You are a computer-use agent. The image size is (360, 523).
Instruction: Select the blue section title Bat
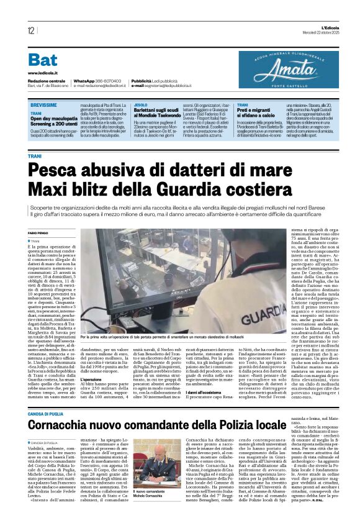[x=43, y=60]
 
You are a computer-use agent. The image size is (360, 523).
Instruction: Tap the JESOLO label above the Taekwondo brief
[x=141, y=106]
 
